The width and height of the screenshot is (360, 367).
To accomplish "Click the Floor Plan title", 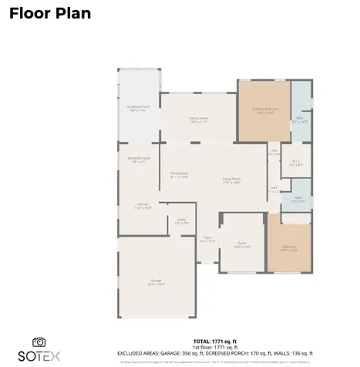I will [x=49, y=13].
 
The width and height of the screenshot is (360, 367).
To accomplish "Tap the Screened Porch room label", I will [x=139, y=108].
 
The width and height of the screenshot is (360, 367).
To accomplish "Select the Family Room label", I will [x=199, y=120].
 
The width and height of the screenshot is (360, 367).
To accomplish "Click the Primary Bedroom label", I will [x=264, y=110].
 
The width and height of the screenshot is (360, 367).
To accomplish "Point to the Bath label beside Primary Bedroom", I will [x=299, y=120].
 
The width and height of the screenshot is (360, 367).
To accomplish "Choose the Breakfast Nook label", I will [x=140, y=160].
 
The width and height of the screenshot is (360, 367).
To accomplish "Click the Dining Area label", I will [x=180, y=175].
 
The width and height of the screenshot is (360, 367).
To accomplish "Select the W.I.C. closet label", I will [x=296, y=163].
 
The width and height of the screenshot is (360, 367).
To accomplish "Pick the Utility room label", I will [x=182, y=222].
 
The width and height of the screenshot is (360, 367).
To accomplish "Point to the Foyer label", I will [x=207, y=240].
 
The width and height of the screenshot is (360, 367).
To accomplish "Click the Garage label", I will [x=156, y=282].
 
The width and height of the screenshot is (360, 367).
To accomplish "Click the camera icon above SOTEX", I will [x=39, y=342].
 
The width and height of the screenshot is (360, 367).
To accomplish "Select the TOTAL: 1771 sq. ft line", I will [x=214, y=340].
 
